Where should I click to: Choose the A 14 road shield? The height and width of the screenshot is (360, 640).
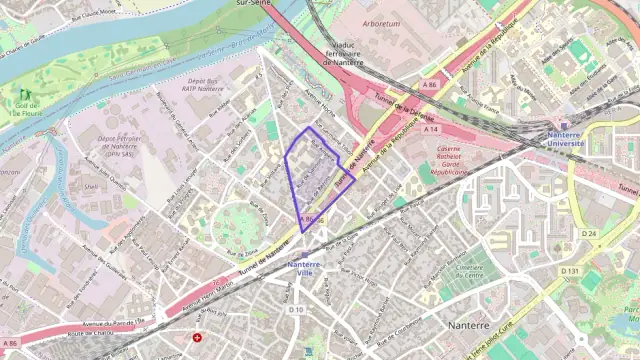(430, 130)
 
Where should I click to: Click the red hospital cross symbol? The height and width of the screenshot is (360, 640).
(196, 338)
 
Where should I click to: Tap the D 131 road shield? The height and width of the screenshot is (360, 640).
(570, 271)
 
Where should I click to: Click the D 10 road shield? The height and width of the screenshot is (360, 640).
(296, 309)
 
